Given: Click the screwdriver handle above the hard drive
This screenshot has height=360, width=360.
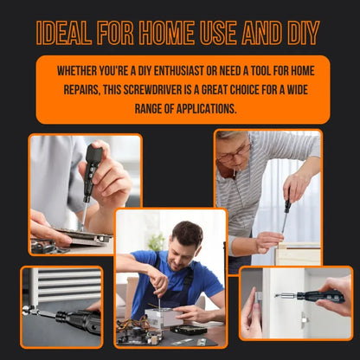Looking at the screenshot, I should pyautogui.click(x=93, y=160).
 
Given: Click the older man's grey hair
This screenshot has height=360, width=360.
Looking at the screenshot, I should pyautogui.click(x=232, y=138).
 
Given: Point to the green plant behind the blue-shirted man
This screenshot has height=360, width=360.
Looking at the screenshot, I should pyautogui.click(x=157, y=244).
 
